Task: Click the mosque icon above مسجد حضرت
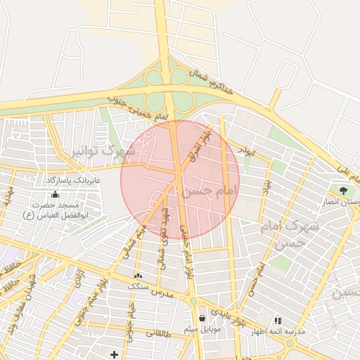point(56,193)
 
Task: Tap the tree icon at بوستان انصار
point(344,191)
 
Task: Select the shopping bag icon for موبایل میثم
point(202,318)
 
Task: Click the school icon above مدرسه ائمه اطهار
point(278,321)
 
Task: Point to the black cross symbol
point(115,354)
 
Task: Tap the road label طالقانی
point(159,333)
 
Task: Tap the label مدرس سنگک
point(143,286)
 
